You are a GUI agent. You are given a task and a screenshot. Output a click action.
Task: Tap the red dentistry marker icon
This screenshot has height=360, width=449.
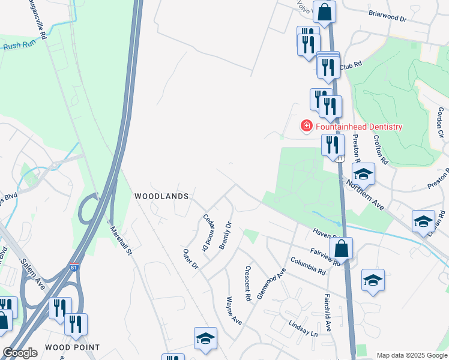coord(306,126)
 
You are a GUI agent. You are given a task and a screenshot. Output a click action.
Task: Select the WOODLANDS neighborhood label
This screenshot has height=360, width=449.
coord(161,196)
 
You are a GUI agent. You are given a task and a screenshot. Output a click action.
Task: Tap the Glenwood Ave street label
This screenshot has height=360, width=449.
coord(272,287)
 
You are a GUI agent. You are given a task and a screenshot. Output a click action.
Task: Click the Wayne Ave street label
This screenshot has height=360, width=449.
coord(234,310)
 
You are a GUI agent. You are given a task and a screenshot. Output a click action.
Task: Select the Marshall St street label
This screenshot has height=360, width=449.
coord(120,239)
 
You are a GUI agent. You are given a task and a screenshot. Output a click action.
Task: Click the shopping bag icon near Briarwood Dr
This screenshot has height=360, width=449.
coord(324,12)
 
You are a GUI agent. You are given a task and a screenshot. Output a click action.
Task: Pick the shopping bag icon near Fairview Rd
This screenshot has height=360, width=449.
coord(340,248)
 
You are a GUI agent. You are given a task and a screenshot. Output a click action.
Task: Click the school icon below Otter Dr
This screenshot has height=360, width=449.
coord(205,339)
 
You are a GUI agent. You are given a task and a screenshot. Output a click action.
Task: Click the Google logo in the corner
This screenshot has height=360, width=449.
coord(20,353)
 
